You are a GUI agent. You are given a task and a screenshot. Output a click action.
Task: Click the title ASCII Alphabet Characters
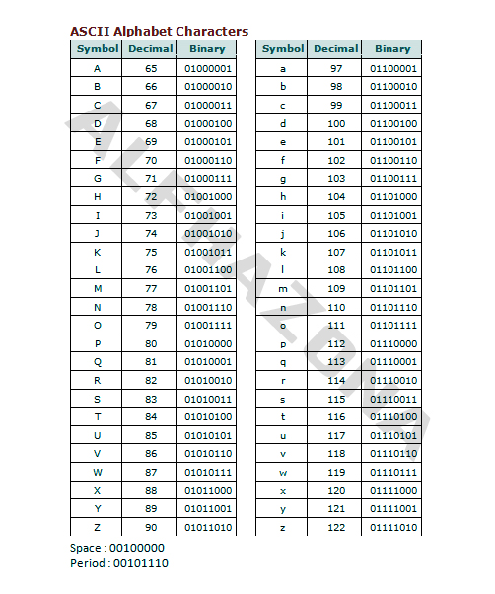pyautogui.click(x=159, y=32)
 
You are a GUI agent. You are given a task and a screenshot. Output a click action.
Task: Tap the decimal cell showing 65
pyautogui.click(x=151, y=69)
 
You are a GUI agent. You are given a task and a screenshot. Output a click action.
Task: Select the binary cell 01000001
pyautogui.click(x=208, y=69)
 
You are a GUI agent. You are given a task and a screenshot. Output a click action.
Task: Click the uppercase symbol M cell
pyautogui.click(x=98, y=289)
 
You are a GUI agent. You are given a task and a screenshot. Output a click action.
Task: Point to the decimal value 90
pyautogui.click(x=151, y=528)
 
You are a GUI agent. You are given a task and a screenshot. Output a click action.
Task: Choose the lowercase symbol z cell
pyautogui.click(x=283, y=528)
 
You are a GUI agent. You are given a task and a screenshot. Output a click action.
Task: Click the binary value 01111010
pyautogui.click(x=393, y=528)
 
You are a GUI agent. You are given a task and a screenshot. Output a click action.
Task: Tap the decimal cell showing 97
pyautogui.click(x=336, y=69)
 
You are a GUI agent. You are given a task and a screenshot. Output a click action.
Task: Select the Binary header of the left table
pyautogui.click(x=207, y=49)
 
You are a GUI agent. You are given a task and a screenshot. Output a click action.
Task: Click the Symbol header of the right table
pyautogui.click(x=283, y=49)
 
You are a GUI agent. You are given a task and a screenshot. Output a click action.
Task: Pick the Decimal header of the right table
pyautogui.click(x=336, y=49)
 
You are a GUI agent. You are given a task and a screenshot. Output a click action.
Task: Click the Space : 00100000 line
pyautogui.click(x=117, y=548)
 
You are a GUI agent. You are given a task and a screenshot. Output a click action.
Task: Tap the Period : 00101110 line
pyautogui.click(x=119, y=563)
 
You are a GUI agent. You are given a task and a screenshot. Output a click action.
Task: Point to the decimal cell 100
pyautogui.click(x=336, y=124)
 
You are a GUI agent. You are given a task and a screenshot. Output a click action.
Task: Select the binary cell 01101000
pyautogui.click(x=393, y=197)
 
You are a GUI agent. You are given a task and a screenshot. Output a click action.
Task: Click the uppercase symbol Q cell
pyautogui.click(x=98, y=362)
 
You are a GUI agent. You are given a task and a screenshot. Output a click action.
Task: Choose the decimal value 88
pyautogui.click(x=151, y=490)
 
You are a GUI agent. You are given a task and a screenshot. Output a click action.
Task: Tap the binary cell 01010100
pyautogui.click(x=208, y=417)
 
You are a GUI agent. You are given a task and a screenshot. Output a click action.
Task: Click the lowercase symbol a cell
pyautogui.click(x=283, y=69)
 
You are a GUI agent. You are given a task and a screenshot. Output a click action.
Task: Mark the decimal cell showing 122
pyautogui.click(x=336, y=528)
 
